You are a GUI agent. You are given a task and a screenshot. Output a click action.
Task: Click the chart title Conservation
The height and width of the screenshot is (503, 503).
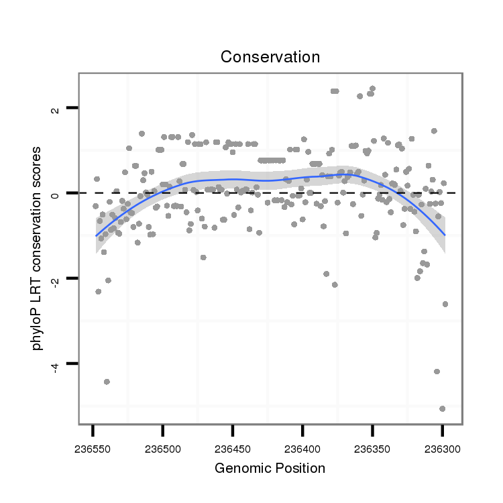pos(270,57)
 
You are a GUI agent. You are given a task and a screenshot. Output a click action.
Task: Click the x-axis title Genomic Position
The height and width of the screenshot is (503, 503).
pos(270,468)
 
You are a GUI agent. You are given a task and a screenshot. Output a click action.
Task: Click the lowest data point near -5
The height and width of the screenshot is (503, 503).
pos(442,408)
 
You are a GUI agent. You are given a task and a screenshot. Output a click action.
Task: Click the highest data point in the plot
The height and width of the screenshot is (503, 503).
pos(372,89)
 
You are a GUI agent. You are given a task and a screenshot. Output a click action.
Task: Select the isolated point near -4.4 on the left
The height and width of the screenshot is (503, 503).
pos(107,382)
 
